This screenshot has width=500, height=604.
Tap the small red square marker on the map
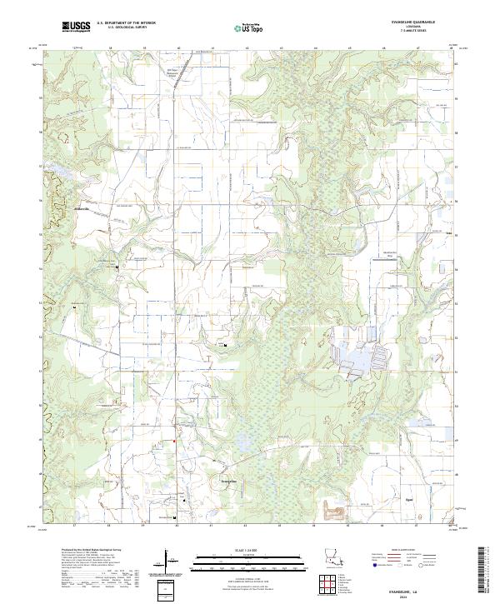(x=174, y=442)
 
